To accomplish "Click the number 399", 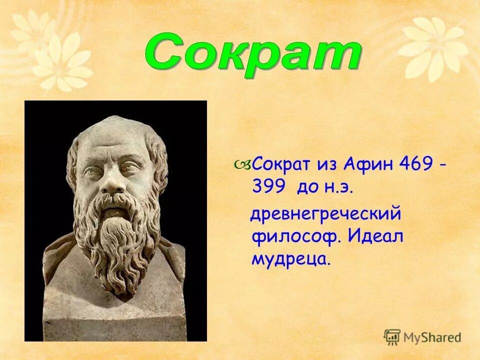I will pyautogui.click(x=268, y=187).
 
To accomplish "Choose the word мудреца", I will pyautogui.click(x=291, y=258).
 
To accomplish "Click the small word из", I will pyautogui.click(x=327, y=164).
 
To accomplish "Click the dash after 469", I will pyautogui.click(x=443, y=164).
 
